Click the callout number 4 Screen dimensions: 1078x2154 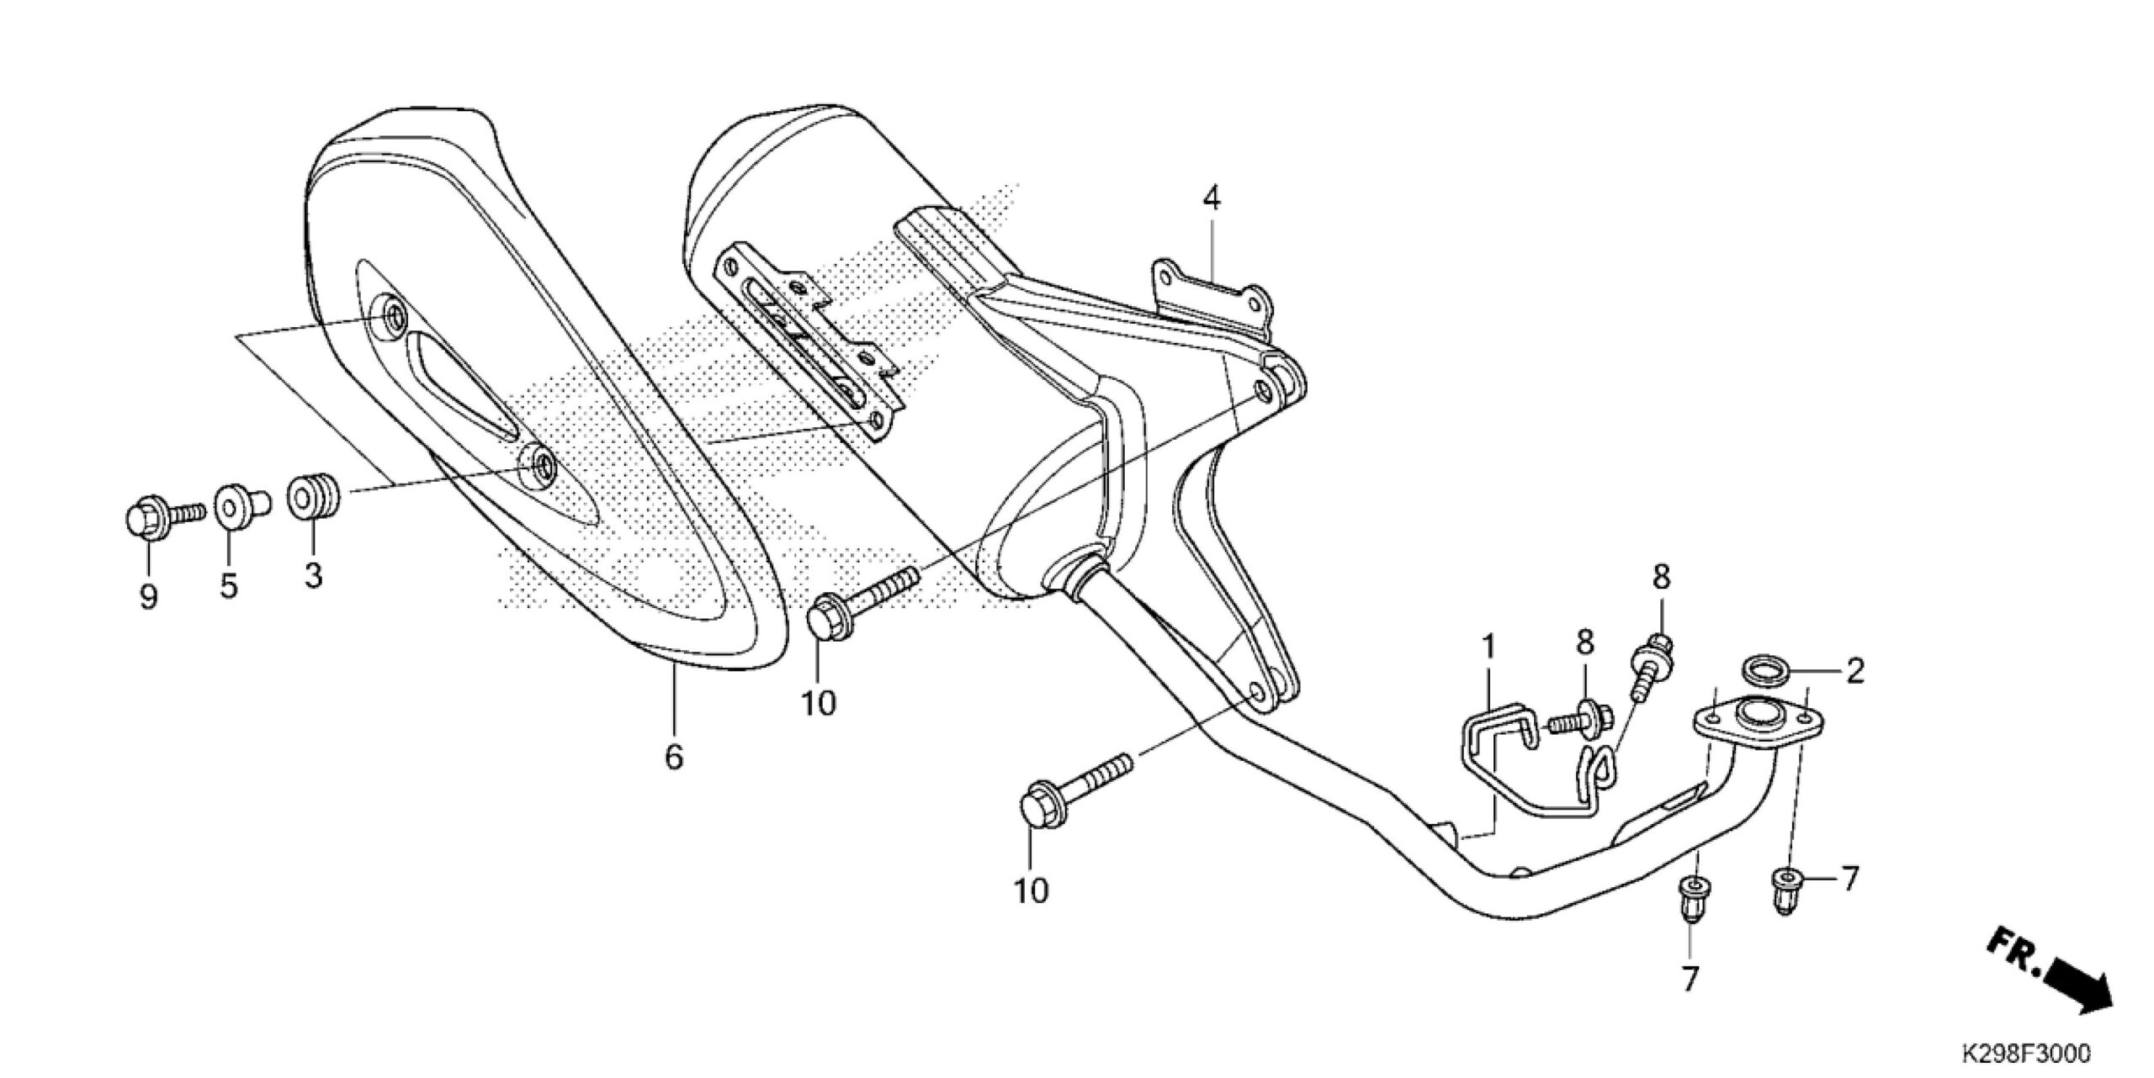[1211, 198]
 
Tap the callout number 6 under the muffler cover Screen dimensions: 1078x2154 [674, 757]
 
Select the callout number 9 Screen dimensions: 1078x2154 [148, 598]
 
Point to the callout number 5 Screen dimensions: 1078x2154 [229, 586]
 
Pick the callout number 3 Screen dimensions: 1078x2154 [313, 577]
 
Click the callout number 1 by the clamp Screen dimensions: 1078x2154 [1488, 647]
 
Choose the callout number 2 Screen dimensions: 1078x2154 [1854, 670]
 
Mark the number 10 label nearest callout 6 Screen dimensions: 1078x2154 [818, 703]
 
